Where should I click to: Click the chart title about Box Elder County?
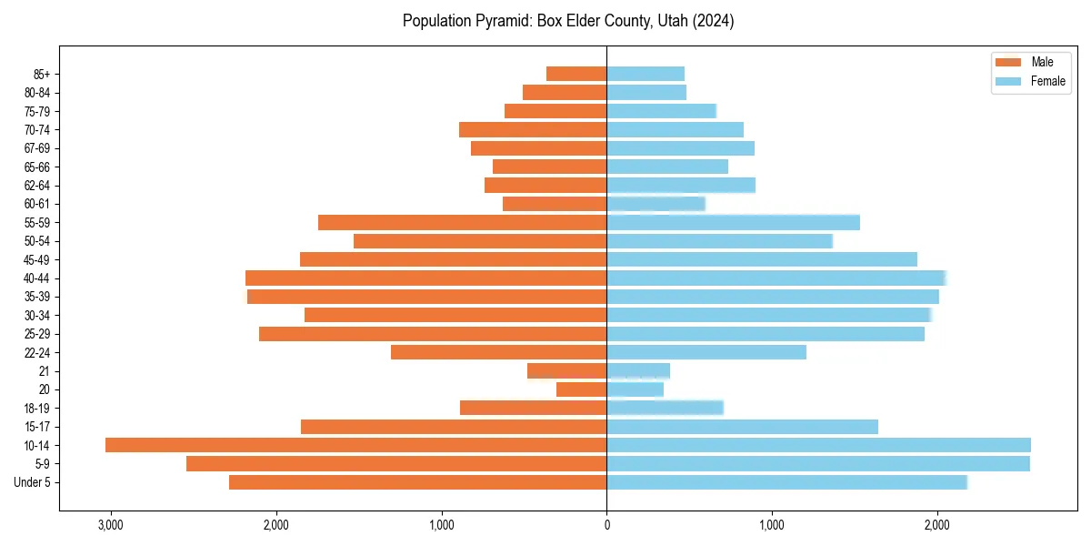(x=568, y=21)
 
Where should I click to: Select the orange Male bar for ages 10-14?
(x=355, y=445)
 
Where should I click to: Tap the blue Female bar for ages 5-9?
(x=818, y=463)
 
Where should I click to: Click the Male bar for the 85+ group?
(x=576, y=74)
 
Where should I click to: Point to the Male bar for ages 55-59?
(x=462, y=222)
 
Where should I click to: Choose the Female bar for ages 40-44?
(x=776, y=278)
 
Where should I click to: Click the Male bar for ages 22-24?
(x=498, y=352)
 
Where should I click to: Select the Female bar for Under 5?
(x=786, y=482)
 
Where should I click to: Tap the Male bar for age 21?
(x=566, y=370)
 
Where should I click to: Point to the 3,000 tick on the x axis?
(x=111, y=525)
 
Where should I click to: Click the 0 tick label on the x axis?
(x=606, y=525)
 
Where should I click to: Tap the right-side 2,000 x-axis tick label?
(x=937, y=525)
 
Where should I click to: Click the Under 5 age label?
(x=33, y=482)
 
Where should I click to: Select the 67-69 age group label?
(x=37, y=148)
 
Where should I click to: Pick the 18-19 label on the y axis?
(x=37, y=408)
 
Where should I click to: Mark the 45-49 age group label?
(x=37, y=259)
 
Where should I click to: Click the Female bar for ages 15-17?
(x=742, y=427)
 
